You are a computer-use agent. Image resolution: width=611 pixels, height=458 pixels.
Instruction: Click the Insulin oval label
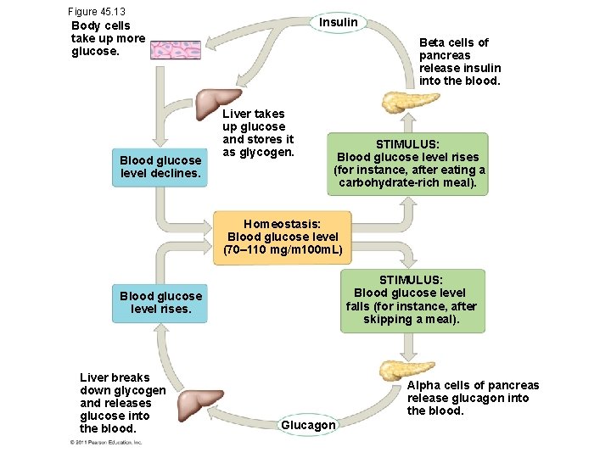tap(339, 22)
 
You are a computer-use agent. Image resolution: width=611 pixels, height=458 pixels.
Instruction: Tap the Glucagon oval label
tap(308, 424)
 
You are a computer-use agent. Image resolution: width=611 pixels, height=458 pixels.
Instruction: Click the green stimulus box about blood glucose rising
tap(408, 164)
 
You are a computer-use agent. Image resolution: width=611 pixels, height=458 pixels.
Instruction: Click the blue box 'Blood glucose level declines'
tap(160, 167)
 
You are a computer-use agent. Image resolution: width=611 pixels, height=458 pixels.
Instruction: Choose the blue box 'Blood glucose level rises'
tap(160, 302)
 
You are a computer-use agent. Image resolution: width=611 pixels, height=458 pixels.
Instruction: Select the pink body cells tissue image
tap(176, 49)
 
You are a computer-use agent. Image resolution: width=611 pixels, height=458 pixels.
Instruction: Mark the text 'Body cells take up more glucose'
tap(109, 38)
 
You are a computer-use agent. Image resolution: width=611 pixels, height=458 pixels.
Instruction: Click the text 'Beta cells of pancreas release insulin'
tap(460, 62)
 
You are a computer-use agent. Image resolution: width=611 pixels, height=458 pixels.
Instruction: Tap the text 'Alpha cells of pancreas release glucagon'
tap(473, 398)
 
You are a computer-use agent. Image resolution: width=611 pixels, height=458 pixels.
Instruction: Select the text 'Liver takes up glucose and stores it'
tap(257, 132)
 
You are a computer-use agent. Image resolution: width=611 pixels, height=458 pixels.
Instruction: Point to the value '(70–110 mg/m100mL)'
tap(283, 250)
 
